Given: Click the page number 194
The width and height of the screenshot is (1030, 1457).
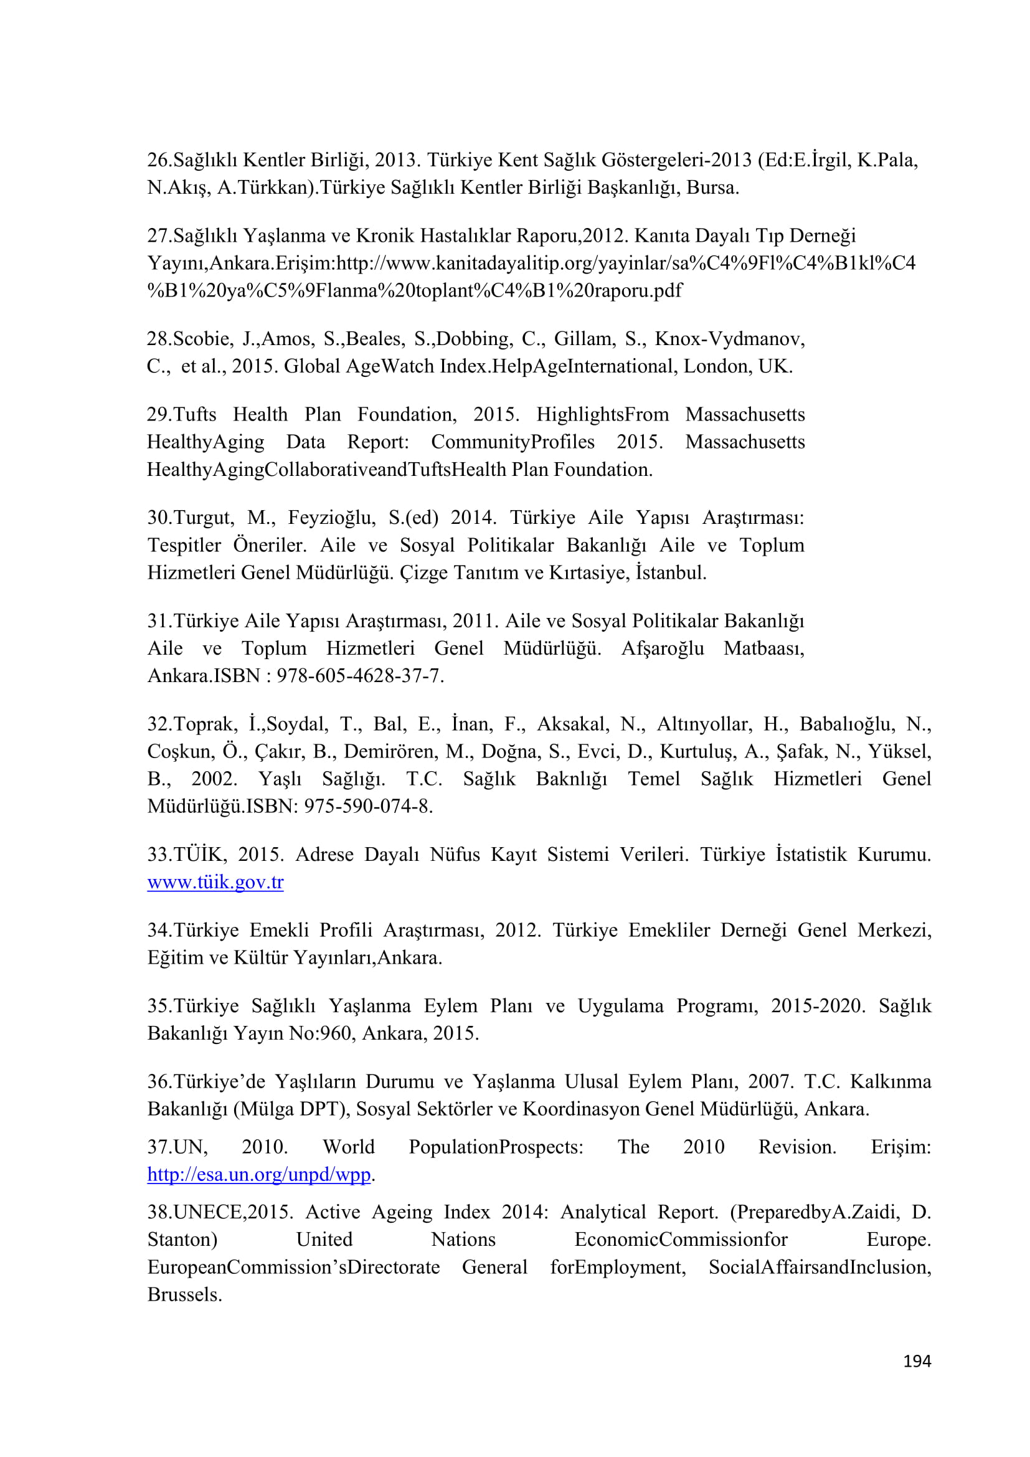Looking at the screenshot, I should click(x=917, y=1360).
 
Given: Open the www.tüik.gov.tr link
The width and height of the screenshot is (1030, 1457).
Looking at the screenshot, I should click(x=215, y=881).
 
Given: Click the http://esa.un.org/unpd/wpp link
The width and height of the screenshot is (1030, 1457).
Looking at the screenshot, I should click(x=259, y=1174).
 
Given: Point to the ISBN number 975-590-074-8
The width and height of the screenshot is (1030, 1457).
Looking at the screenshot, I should click(x=368, y=806).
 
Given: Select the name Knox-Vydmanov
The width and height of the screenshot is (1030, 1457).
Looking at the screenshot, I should click(x=729, y=339).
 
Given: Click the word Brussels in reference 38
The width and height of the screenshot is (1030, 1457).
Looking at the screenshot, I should click(x=184, y=1294).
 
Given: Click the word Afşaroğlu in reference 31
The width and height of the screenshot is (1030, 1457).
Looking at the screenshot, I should click(x=662, y=648).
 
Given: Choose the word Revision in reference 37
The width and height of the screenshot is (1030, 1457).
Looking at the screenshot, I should click(x=797, y=1147).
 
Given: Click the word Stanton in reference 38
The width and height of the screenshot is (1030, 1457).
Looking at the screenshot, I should click(x=182, y=1240).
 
